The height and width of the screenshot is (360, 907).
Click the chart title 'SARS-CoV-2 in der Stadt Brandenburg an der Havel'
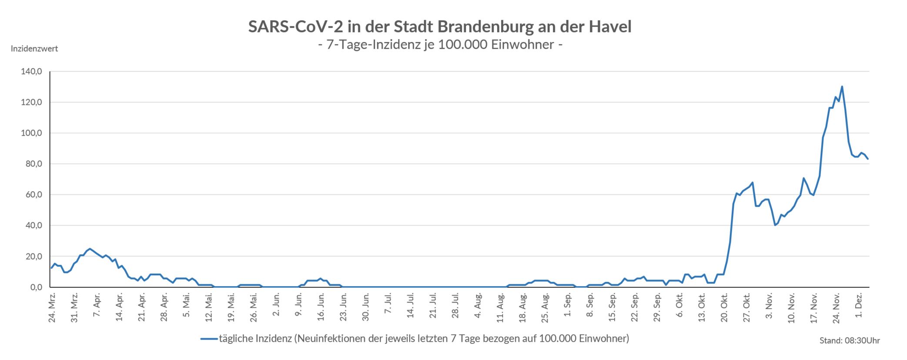coord(439,27)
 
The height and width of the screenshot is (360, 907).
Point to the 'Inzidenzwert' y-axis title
coord(34,49)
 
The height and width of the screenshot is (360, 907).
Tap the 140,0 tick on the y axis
coord(31,72)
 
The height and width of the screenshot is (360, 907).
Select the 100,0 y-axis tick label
coord(31,133)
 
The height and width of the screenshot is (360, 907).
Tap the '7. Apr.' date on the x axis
coord(97,308)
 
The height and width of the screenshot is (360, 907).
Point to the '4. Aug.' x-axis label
coord(478,308)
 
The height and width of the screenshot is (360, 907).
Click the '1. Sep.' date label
coord(568,308)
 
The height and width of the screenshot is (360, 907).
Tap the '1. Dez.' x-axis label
coord(859,308)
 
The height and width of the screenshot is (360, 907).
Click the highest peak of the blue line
coord(842,87)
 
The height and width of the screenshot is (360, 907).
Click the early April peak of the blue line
coord(90,249)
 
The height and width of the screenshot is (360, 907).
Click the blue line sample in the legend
coord(209,339)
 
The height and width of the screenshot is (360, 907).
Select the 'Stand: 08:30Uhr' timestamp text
coord(850,341)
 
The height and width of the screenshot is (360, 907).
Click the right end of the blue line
coord(868,159)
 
